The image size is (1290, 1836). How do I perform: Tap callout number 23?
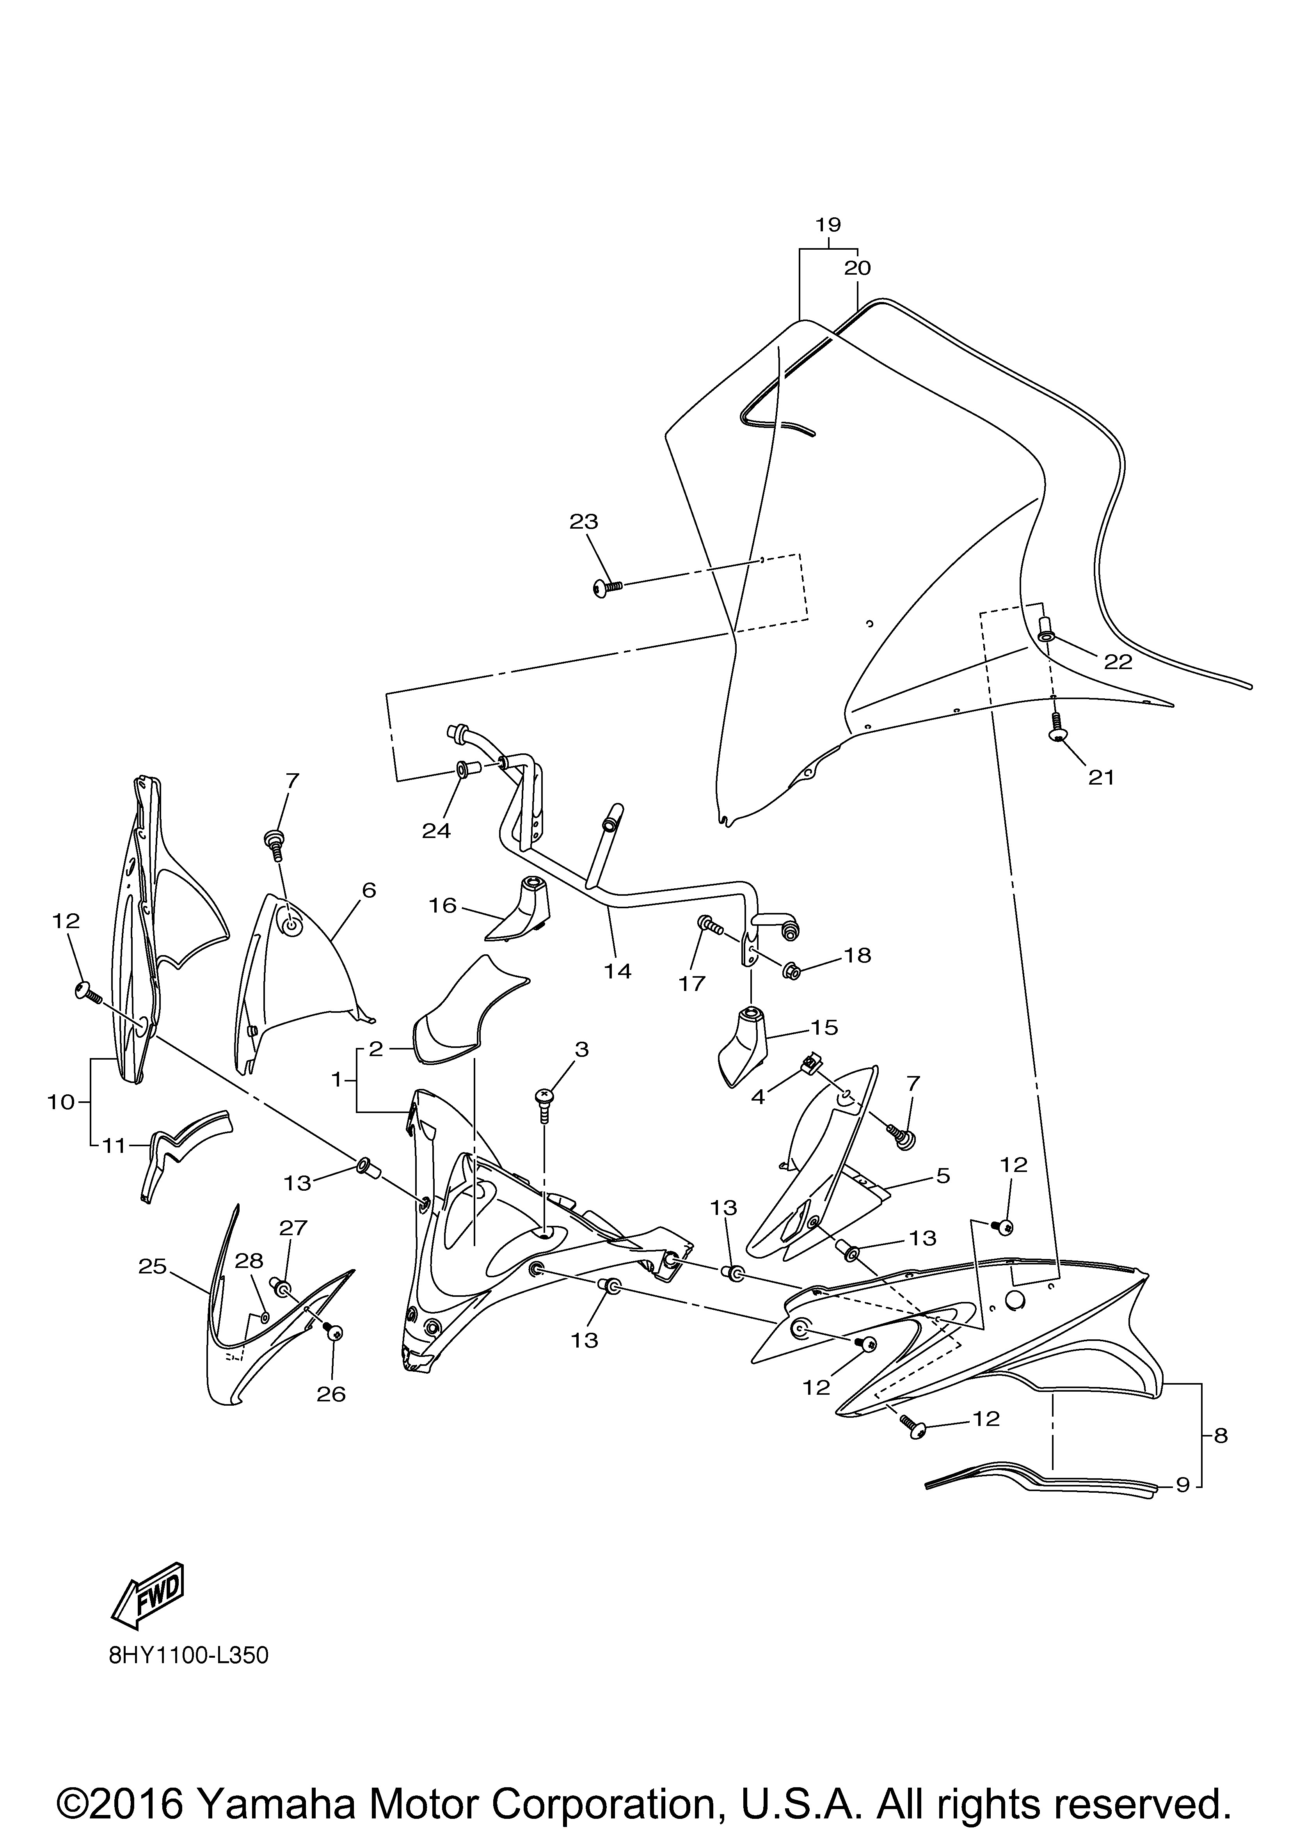coord(584,521)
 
